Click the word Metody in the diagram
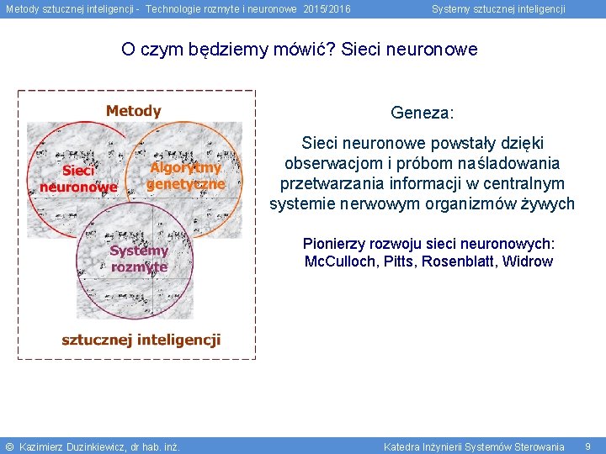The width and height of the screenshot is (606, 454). click(133, 111)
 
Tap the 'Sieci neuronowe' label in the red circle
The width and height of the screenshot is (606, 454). click(78, 178)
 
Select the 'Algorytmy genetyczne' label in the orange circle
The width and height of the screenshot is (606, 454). click(186, 176)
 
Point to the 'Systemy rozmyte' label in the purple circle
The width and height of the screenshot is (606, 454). click(139, 258)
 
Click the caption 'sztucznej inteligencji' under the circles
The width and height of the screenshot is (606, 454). click(141, 340)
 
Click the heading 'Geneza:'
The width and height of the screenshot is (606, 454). click(422, 112)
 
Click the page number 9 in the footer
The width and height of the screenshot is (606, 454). click(587, 446)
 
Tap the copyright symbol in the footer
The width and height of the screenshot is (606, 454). click(9, 446)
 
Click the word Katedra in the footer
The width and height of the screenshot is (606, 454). click(402, 446)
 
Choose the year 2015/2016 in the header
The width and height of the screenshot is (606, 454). click(327, 9)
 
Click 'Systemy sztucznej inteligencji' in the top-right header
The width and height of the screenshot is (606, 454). click(498, 9)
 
